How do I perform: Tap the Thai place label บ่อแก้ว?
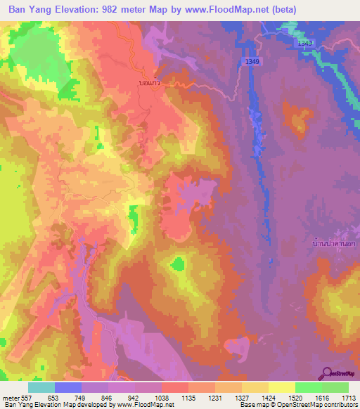coord(150,82)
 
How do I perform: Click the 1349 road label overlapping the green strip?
coord(304,43)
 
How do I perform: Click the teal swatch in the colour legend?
coord(41,387)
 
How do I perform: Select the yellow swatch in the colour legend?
coord(282,387)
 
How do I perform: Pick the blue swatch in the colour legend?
coord(68,387)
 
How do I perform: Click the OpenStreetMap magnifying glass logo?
coord(326,372)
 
